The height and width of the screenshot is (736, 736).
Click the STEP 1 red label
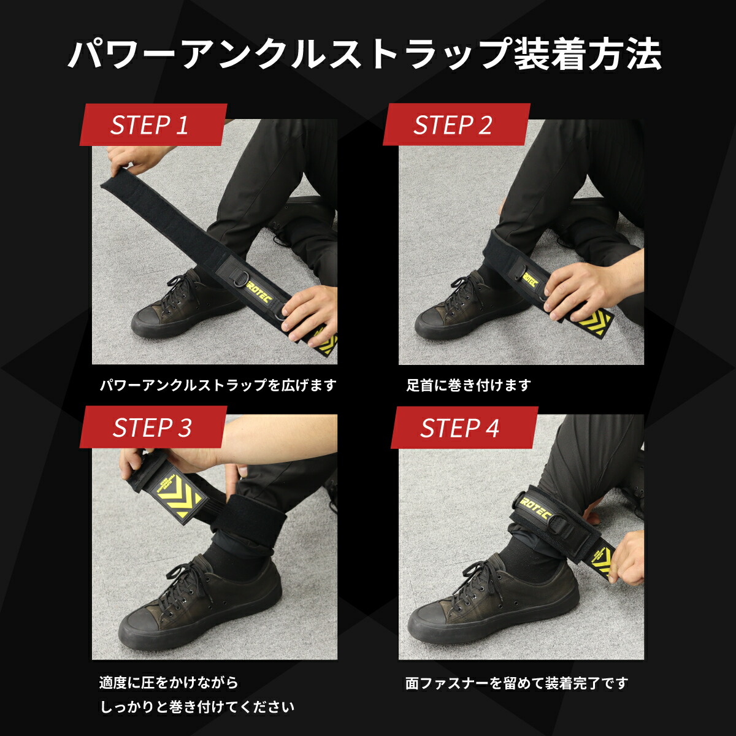coord(153,125)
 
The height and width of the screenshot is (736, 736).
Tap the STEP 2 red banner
coord(456,125)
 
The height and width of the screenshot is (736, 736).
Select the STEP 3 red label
coord(153,427)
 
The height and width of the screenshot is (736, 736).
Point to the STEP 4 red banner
coord(464,427)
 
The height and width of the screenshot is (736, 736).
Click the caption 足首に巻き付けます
coord(468,385)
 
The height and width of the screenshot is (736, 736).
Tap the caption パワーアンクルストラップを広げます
coord(218,385)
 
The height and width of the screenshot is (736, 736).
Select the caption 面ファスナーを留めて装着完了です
coord(517,683)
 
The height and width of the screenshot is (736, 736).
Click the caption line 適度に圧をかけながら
coord(169,683)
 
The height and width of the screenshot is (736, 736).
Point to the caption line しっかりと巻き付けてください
coord(197,707)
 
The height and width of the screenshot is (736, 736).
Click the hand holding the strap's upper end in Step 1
coord(124,159)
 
